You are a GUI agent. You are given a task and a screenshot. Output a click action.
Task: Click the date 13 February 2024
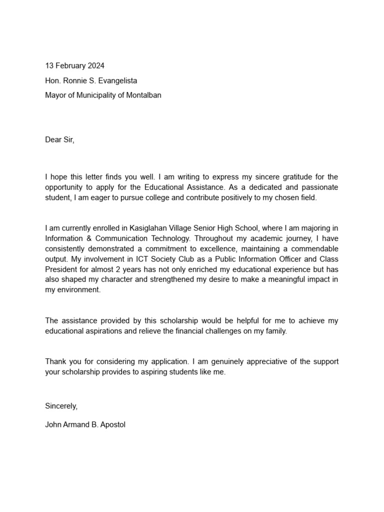[x=75, y=65]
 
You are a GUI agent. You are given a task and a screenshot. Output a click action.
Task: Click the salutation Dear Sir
[x=59, y=140]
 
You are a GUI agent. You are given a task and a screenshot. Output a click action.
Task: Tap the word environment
[x=78, y=289]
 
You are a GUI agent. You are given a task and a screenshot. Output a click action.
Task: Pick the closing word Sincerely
[x=61, y=406]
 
